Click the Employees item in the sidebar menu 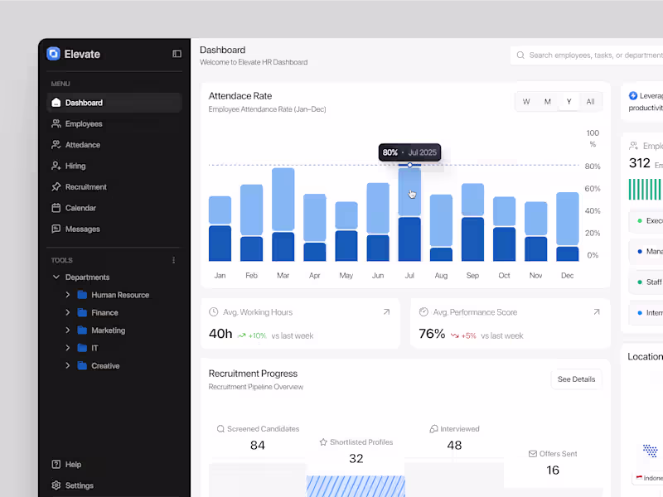[83, 124]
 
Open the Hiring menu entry [75, 166]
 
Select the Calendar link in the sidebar [80, 208]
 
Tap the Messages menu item [82, 229]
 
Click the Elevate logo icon [54, 54]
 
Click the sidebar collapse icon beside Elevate [177, 54]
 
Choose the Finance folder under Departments [104, 312]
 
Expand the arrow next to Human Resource [67, 295]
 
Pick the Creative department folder [104, 365]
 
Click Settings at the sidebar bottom [79, 485]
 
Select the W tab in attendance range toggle [526, 102]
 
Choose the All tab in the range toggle [590, 102]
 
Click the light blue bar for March [283, 199]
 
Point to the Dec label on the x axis [567, 275]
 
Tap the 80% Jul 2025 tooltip [409, 152]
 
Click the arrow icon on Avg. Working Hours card [386, 312]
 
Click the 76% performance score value [432, 334]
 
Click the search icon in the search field [520, 55]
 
